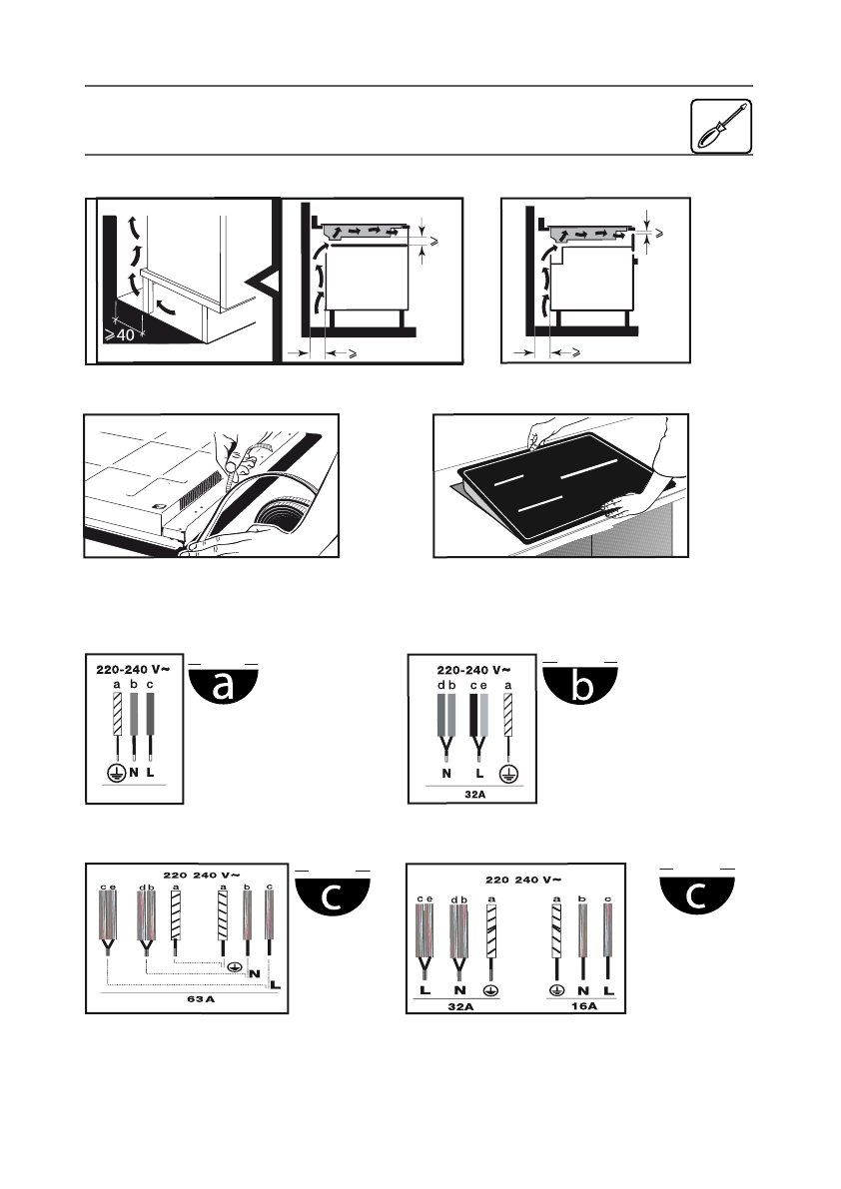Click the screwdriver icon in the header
pyautogui.click(x=720, y=127)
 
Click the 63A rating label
pyautogui.click(x=188, y=1000)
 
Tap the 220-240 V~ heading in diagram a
pyautogui.click(x=134, y=669)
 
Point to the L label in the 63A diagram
pyautogui.click(x=275, y=985)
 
